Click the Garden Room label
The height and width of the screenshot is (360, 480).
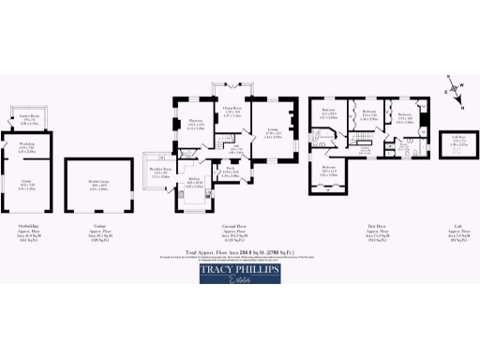pyautogui.click(x=29, y=118)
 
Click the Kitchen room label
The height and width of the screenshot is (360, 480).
pyautogui.click(x=194, y=183)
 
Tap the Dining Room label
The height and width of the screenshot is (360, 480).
pyautogui.click(x=232, y=112)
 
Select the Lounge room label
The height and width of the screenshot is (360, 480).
pyautogui.click(x=273, y=134)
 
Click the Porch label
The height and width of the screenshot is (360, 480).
pyautogui.click(x=230, y=172)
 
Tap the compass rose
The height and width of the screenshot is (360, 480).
pyautogui.click(x=455, y=92)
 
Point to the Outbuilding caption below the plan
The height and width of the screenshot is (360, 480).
pyautogui.click(x=29, y=226)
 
